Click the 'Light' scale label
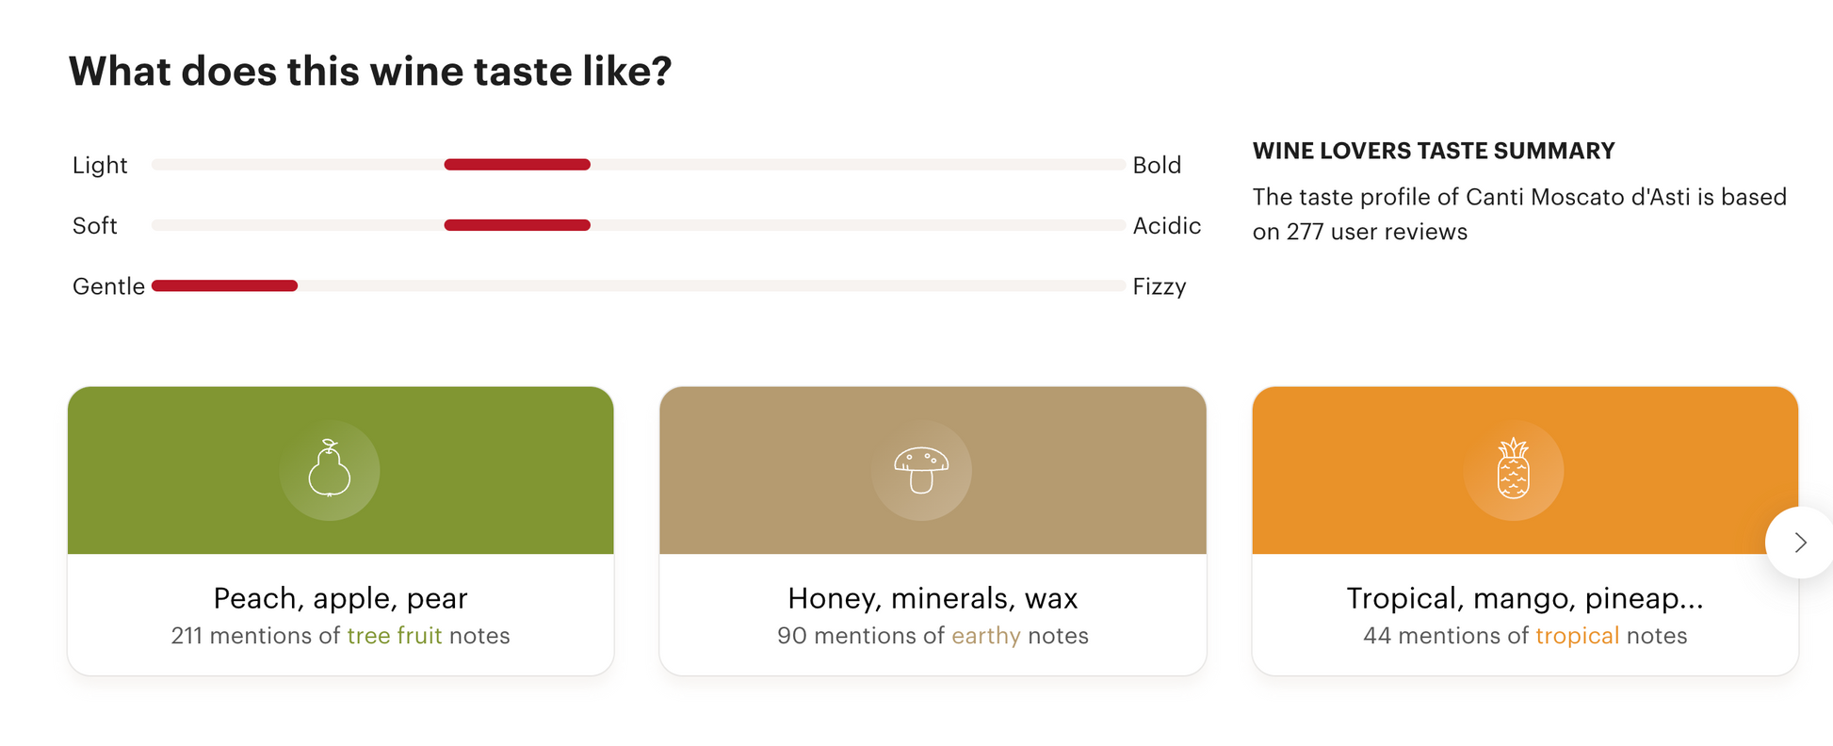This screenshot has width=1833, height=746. coord(100,165)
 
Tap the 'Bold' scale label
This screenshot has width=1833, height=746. coord(1157,165)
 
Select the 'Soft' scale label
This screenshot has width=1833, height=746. coord(95,225)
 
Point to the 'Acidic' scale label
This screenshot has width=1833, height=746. coord(1167,225)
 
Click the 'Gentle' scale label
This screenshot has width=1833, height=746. coord(108,286)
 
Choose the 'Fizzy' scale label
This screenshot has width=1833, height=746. coord(1160,286)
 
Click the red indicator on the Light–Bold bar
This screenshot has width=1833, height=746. coord(517,165)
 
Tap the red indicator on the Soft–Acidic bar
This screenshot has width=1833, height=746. coord(517,225)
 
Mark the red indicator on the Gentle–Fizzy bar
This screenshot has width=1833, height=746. coord(224,285)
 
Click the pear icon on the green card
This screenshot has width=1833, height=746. coord(329,468)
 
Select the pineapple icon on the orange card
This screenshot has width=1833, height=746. coord(1514,468)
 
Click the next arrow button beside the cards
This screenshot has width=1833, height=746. coord(1799,543)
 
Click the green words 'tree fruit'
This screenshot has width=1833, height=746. coord(395,636)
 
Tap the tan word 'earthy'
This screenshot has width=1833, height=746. coord(986,636)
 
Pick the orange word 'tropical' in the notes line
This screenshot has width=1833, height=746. coord(1578,636)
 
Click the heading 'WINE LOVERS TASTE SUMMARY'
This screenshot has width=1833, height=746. coord(1434,151)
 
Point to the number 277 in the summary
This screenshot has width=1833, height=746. coord(1306,232)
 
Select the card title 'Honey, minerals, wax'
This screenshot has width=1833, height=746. coord(933,598)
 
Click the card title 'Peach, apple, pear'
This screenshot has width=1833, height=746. coord(341,598)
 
